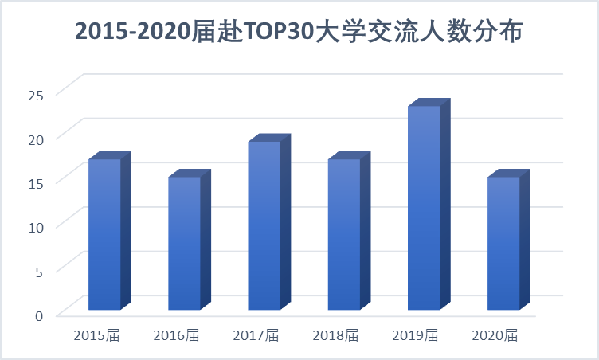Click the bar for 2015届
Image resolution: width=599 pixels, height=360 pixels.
104,234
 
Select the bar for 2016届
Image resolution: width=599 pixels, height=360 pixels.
184,243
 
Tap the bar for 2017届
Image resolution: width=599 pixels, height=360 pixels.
264,225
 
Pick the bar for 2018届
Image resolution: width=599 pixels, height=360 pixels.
343,234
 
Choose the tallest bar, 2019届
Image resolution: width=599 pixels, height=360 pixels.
424,208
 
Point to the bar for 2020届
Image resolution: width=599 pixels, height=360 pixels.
503,243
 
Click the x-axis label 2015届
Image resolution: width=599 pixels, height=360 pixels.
96,335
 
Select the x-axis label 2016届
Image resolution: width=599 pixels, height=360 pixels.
176,335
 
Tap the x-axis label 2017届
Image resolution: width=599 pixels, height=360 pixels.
256,335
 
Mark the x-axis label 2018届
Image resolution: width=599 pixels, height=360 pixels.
335,335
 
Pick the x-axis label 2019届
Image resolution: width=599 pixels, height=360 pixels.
415,335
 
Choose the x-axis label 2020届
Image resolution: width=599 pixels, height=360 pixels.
495,335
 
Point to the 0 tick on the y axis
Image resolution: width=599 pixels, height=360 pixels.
38,315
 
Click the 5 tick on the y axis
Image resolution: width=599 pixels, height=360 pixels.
38,270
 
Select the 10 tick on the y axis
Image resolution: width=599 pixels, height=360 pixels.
34,225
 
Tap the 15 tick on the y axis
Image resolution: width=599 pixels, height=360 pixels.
34,182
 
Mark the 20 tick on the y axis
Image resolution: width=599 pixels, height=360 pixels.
34,137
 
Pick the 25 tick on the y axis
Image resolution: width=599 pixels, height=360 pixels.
34,93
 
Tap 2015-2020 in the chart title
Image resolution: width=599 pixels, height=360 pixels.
132,32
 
